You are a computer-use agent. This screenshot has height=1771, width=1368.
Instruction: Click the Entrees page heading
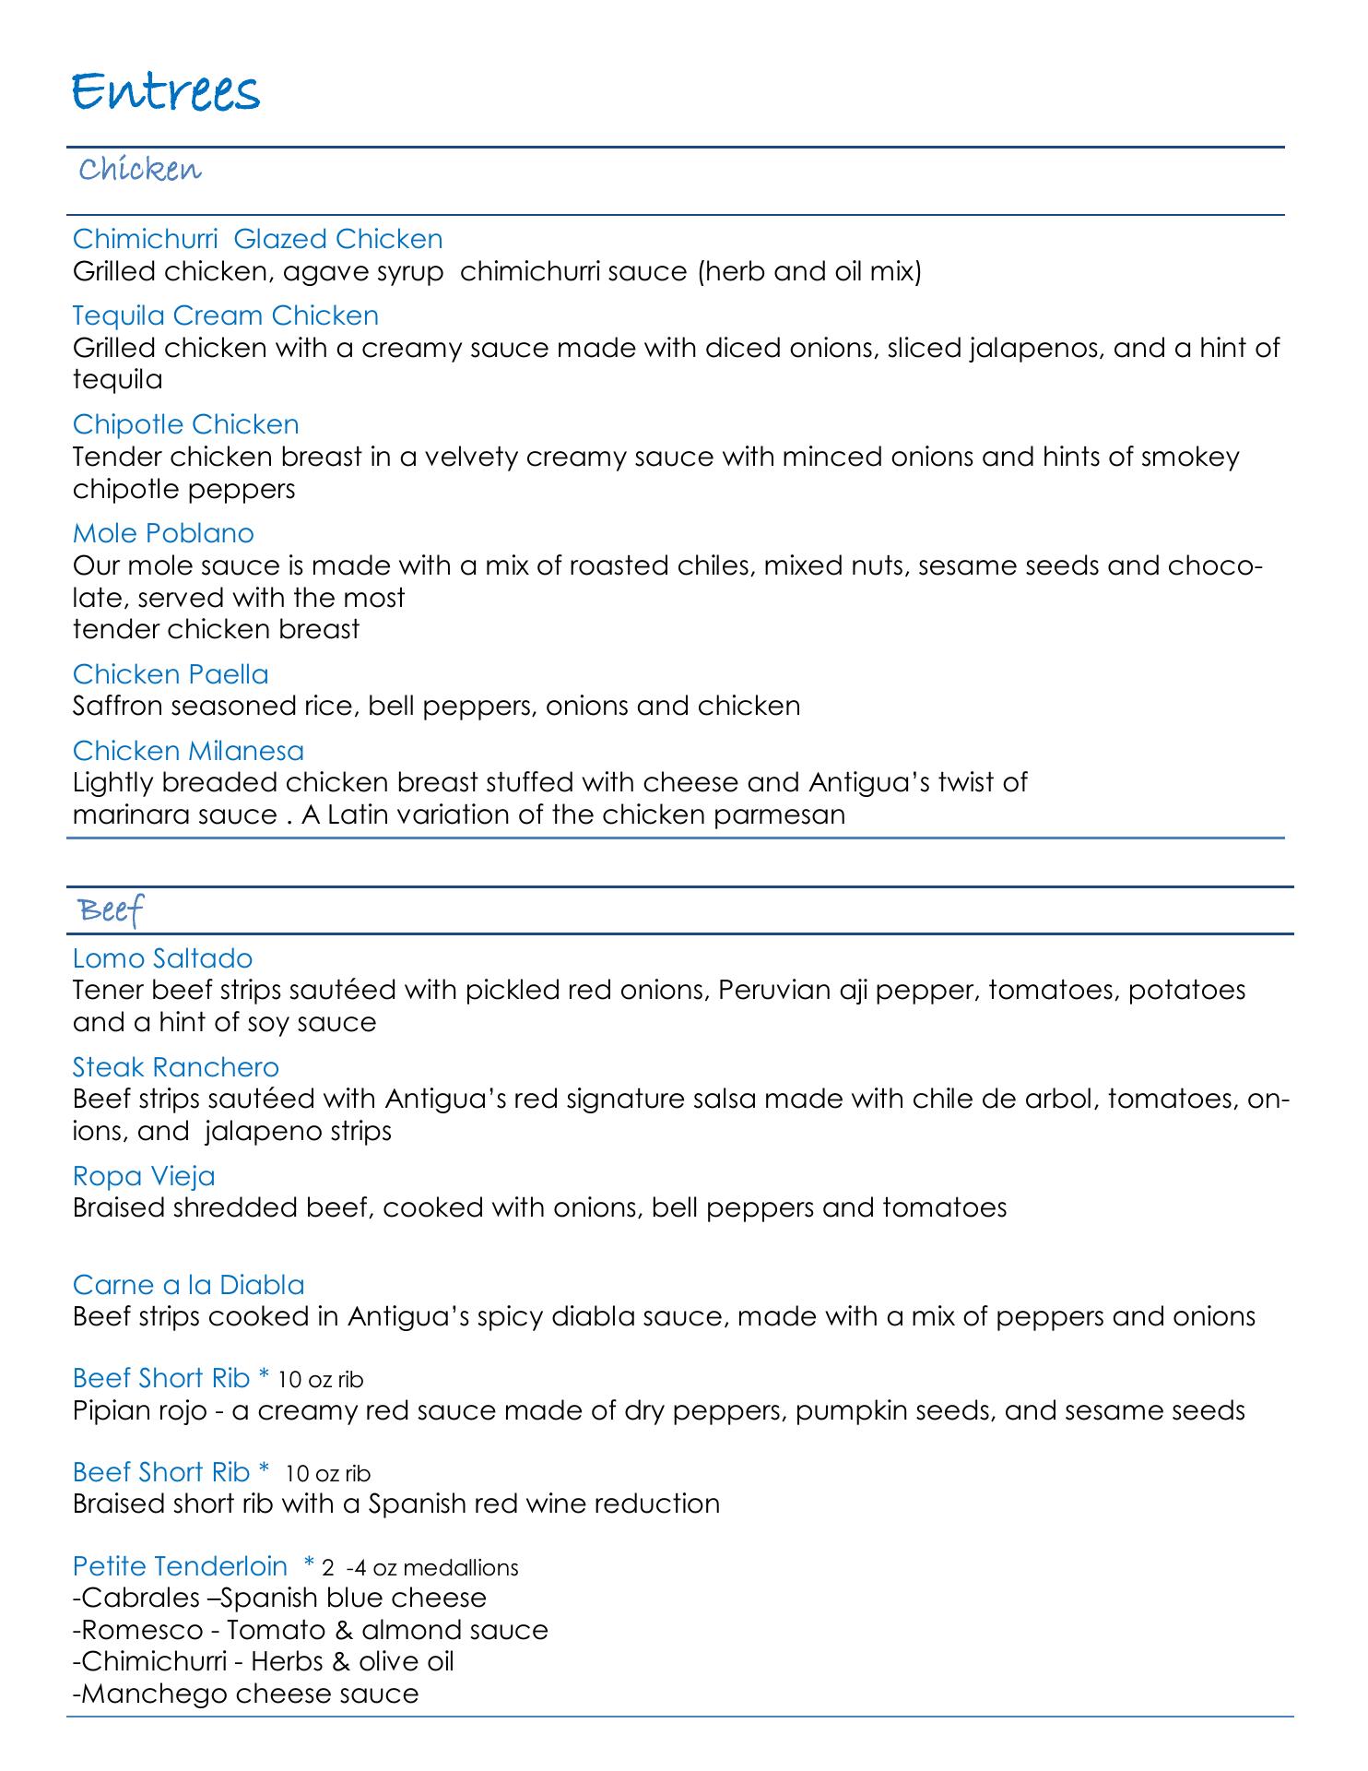[166, 94]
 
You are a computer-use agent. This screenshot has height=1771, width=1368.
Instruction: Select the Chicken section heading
[140, 171]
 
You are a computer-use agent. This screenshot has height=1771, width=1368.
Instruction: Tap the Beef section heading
[112, 911]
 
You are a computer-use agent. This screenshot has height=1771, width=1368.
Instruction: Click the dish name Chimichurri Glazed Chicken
[257, 239]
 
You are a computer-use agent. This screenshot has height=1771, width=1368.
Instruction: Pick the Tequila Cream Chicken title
[225, 315]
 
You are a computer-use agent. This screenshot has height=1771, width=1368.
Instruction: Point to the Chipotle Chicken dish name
[185, 424]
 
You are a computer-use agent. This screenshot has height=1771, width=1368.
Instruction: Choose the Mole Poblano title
[163, 533]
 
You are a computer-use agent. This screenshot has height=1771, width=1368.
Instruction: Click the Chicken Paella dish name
[171, 674]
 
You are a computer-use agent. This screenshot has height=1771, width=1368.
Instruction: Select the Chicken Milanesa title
[188, 751]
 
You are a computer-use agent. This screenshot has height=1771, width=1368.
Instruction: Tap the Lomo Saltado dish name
[162, 958]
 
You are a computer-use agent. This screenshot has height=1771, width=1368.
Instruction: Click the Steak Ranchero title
[175, 1067]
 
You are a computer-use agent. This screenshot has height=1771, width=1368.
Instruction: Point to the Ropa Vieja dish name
[144, 1176]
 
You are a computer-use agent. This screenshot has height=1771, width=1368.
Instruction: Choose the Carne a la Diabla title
[188, 1285]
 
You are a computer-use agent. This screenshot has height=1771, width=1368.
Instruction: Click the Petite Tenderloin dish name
[180, 1566]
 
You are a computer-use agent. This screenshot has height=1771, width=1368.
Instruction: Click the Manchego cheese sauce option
[245, 1694]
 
